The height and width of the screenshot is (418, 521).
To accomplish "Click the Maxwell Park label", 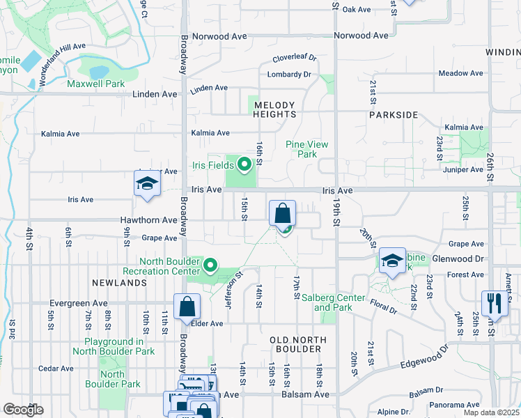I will (x=95, y=84).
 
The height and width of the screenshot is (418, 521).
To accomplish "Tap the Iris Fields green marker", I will (x=244, y=165).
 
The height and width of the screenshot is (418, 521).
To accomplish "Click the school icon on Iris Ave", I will (x=147, y=185).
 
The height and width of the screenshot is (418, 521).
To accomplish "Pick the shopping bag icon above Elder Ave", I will (x=187, y=306).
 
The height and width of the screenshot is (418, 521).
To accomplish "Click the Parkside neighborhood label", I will (x=394, y=114).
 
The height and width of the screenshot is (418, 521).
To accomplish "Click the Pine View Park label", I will (x=306, y=149).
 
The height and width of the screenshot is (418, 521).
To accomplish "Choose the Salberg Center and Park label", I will (x=327, y=302).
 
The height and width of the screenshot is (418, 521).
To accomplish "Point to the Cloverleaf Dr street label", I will (x=294, y=59).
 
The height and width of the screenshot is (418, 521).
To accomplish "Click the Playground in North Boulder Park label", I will (x=119, y=346).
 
